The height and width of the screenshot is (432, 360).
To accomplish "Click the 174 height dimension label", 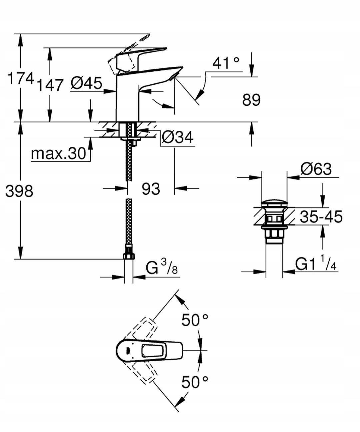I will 21,79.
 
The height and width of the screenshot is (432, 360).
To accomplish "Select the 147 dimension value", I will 50,85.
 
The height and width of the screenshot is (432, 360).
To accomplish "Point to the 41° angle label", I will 226,63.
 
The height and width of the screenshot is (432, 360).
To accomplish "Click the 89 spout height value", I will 251,100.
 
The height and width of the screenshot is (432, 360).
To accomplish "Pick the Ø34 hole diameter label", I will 177,137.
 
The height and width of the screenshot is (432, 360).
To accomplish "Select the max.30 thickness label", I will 59,153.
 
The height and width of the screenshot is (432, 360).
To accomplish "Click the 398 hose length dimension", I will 19,191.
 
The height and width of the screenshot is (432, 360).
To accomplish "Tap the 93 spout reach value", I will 151,189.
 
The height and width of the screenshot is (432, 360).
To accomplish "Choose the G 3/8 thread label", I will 162,267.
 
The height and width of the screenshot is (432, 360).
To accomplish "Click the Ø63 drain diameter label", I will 316,169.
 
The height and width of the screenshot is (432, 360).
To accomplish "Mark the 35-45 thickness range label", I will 321,217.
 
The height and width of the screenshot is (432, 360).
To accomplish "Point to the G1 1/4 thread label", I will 316,264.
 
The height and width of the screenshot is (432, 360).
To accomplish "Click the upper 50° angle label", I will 195,321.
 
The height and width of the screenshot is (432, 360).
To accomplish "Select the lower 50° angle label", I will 195,382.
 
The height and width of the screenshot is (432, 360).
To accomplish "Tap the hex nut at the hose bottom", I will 129,256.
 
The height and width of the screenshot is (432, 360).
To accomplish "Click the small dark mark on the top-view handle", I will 127,351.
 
